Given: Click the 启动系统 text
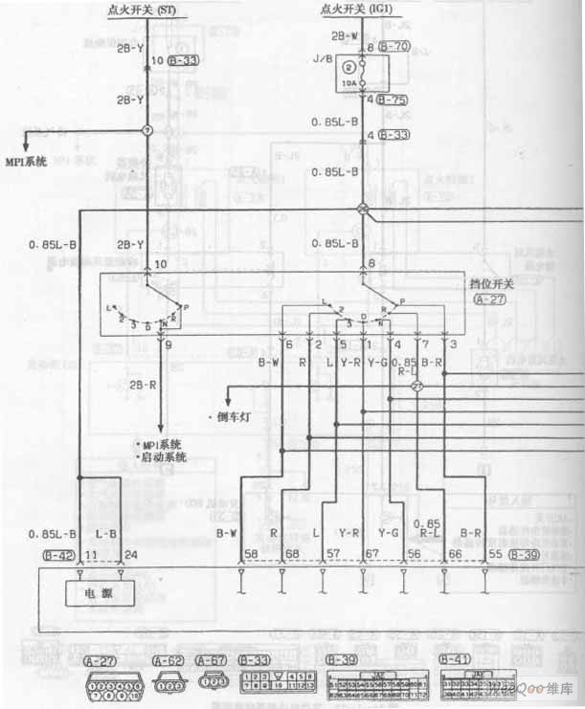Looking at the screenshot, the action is point(165,458).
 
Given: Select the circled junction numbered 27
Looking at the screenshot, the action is point(416,388).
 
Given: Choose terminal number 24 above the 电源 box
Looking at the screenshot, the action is point(119,554).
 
